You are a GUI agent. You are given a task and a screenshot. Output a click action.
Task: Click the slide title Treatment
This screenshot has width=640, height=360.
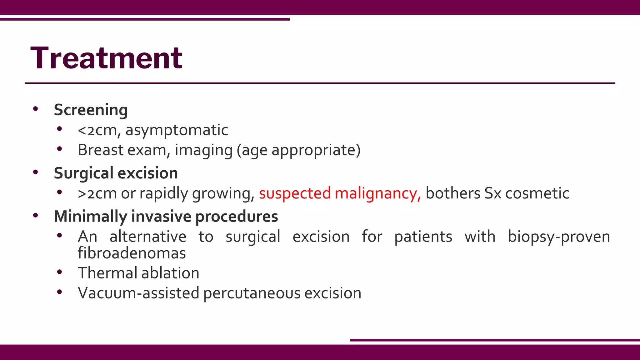click(x=106, y=58)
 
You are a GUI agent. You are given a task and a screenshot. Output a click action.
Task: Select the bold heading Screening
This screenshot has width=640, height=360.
click(x=91, y=110)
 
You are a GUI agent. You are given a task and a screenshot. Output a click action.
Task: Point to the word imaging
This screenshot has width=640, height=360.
click(x=203, y=150)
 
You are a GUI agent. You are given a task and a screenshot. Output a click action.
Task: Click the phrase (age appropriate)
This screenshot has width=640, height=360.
click(x=298, y=150)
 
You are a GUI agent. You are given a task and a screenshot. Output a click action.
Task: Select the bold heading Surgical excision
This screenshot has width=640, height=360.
click(x=116, y=173)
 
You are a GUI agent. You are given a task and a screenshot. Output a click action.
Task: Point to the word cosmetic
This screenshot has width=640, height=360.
click(x=537, y=193)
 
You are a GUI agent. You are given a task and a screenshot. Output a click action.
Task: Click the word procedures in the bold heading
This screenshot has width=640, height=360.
click(x=237, y=217)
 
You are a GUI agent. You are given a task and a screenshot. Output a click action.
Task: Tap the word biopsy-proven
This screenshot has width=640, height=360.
click(x=559, y=237)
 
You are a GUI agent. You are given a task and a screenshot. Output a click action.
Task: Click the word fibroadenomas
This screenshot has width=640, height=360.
click(x=132, y=253)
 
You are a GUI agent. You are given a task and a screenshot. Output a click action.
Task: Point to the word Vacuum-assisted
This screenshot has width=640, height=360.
click(x=138, y=293)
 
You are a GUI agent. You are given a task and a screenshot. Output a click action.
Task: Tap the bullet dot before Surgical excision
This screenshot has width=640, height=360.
click(x=36, y=172)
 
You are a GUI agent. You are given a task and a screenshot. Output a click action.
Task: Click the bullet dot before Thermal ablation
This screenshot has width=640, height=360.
click(x=60, y=272)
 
